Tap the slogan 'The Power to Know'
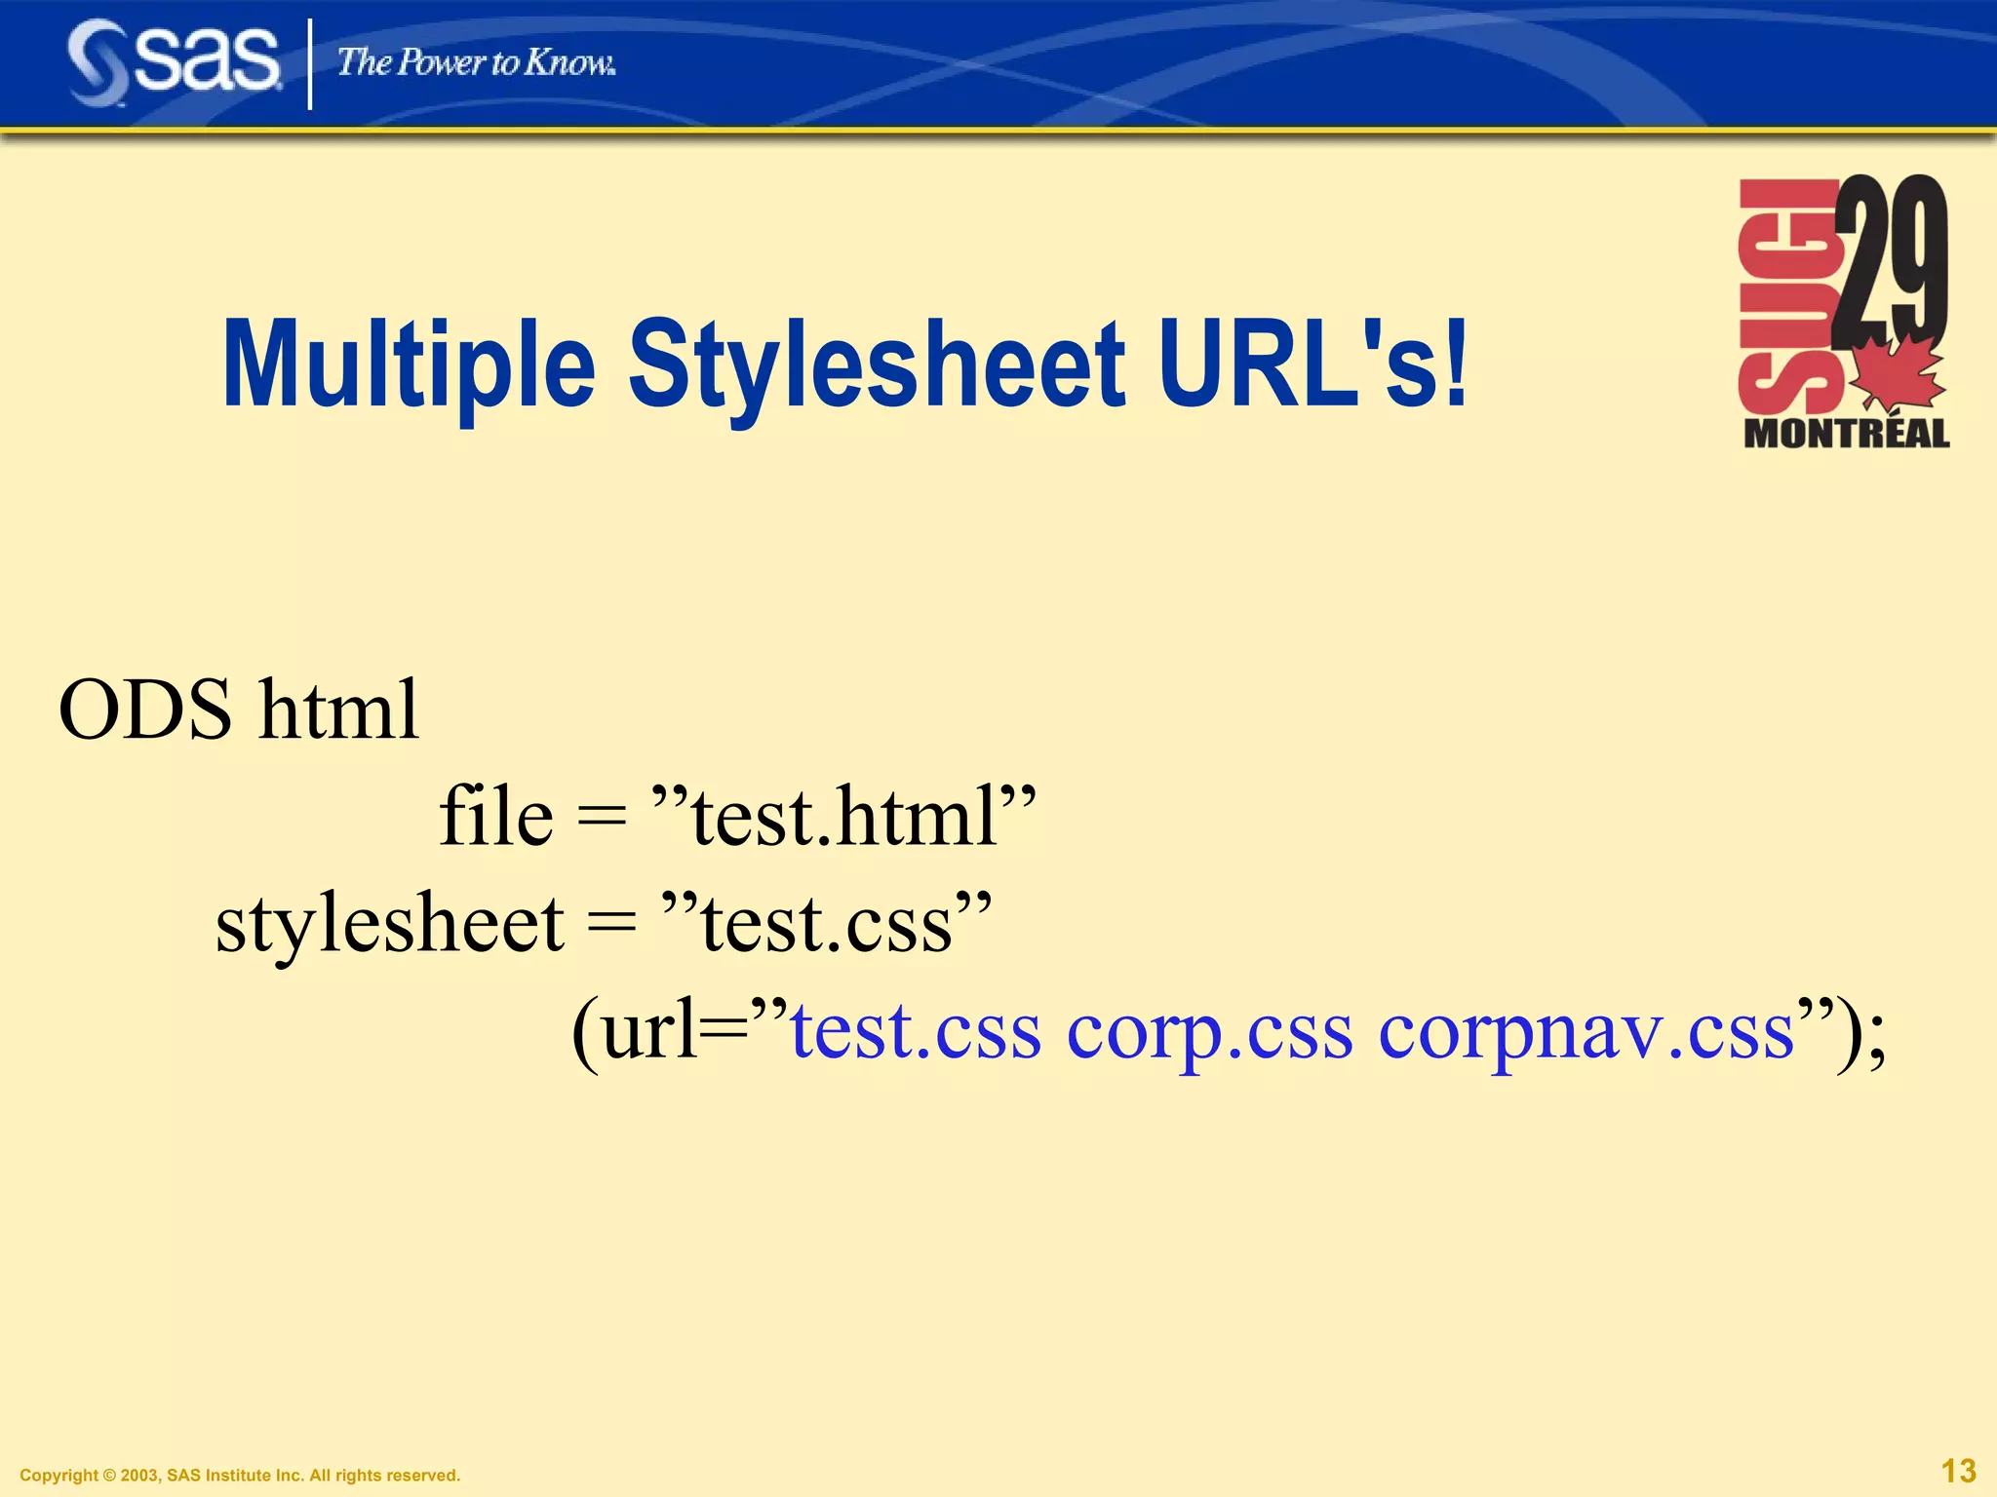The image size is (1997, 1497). (476, 63)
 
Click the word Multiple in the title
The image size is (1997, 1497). (409, 365)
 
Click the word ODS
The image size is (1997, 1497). (145, 710)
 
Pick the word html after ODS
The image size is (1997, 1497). (339, 710)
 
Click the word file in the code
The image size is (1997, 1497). (495, 816)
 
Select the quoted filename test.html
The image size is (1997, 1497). (844, 816)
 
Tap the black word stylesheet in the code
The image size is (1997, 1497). (389, 923)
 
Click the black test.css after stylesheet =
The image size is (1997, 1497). (827, 923)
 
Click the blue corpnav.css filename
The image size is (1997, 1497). (1586, 1031)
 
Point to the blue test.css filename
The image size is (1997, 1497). (915, 1031)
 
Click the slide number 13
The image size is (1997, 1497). (1958, 1471)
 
